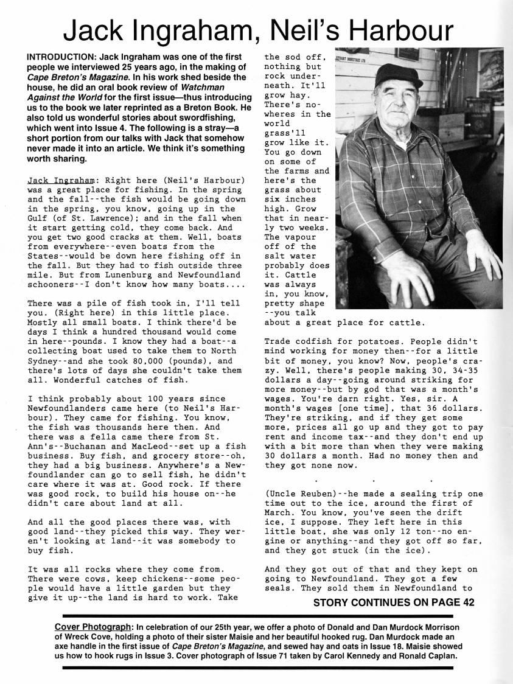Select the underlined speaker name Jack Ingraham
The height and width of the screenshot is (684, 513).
59,181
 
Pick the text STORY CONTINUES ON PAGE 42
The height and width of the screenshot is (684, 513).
393,603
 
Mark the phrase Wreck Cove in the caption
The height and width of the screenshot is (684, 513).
74,637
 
